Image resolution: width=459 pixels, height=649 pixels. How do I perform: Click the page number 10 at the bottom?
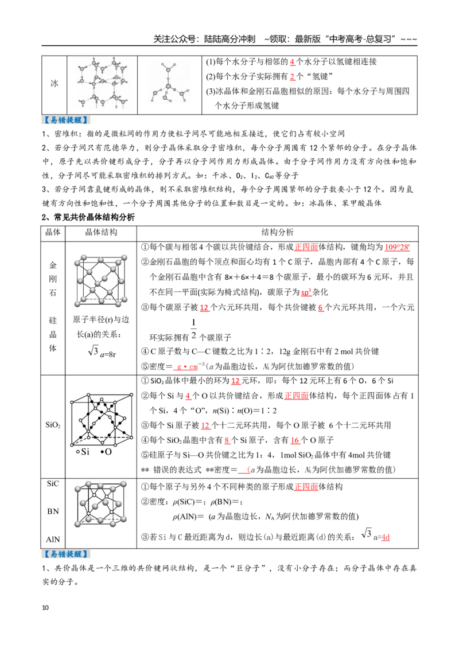45,608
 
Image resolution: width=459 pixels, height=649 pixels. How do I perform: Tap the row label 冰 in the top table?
55,83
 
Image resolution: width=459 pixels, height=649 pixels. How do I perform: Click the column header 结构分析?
277,232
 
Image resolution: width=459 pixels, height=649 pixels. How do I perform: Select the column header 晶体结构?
101,232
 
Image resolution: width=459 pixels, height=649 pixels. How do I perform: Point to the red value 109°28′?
397,247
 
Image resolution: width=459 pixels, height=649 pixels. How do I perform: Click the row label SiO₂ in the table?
53,425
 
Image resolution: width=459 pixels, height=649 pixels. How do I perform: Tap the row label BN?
53,511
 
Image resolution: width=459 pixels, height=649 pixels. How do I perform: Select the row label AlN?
53,539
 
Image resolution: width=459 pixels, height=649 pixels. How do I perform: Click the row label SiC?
53,483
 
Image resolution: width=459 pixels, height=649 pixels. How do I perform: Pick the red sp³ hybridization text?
306,292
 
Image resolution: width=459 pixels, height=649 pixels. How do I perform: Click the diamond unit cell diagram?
100,280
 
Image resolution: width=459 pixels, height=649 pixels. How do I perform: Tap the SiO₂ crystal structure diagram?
101,419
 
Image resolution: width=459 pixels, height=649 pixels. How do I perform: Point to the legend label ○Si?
83,452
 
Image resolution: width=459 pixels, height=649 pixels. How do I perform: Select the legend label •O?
106,452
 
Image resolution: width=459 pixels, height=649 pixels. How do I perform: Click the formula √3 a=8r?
102,352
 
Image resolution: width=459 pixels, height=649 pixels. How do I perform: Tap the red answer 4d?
386,537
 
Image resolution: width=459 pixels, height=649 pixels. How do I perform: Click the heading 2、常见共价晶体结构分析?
88,217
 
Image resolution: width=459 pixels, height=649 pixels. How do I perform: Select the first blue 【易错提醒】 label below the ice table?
67,120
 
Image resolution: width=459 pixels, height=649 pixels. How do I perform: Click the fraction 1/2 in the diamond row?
193,329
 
